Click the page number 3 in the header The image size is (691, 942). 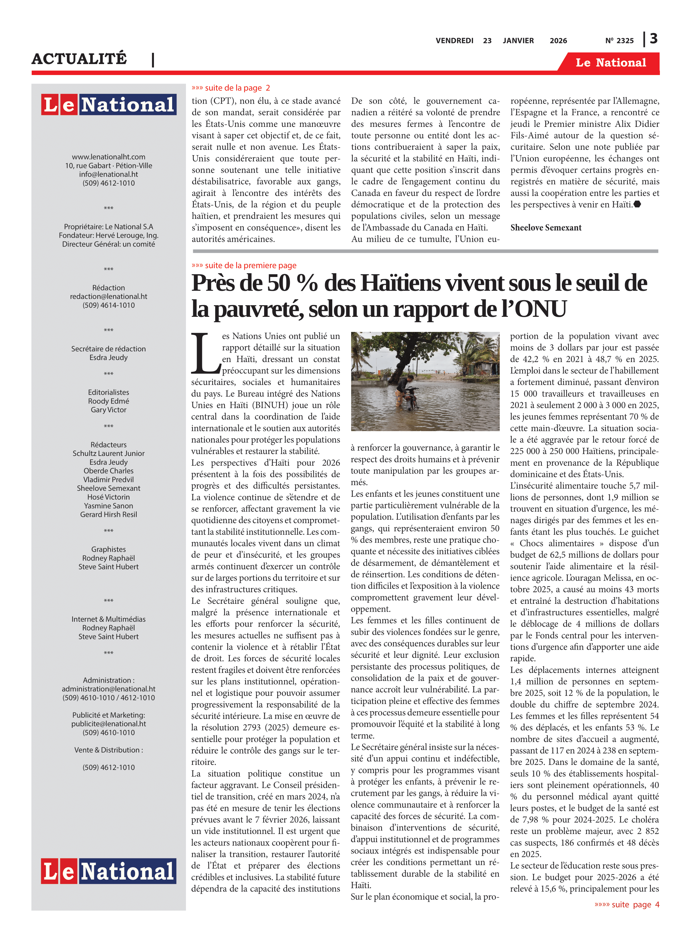pos(653,39)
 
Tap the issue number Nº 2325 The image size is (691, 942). pos(619,41)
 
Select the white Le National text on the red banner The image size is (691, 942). pos(611,63)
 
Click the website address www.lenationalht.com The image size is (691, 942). pos(108,157)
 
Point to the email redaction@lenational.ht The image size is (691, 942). pos(108,296)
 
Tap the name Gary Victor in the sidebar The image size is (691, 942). pos(108,410)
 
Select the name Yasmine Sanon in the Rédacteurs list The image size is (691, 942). pos(108,506)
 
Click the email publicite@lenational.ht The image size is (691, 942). pos(108,724)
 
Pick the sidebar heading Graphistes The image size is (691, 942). pos(108,549)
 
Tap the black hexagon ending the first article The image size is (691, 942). pos(637,204)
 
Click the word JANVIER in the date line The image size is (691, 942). pos(518,41)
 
